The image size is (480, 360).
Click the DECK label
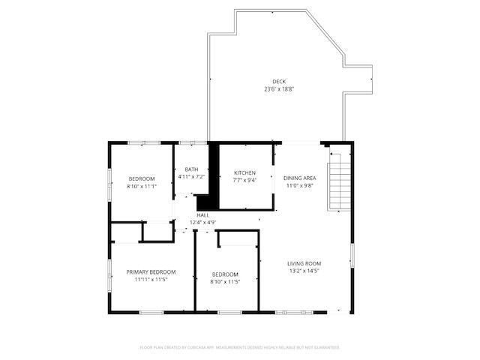click(x=279, y=82)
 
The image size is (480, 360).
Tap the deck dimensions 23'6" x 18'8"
click(x=279, y=89)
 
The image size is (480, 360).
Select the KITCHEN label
click(x=244, y=172)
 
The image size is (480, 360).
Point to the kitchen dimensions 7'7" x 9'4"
click(x=244, y=181)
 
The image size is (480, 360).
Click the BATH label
click(x=191, y=169)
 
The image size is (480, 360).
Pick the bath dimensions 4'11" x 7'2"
click(x=191, y=177)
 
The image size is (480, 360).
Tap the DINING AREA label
click(x=300, y=178)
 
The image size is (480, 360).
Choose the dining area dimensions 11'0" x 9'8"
click(x=300, y=186)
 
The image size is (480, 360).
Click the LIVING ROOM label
click(x=304, y=263)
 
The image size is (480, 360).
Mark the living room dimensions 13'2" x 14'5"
click(x=304, y=271)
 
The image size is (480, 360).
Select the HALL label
click(x=202, y=215)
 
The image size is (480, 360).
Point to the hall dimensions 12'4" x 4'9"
click(x=202, y=223)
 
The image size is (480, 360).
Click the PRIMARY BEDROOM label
click(x=151, y=271)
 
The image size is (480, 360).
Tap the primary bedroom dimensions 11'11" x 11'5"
click(x=151, y=280)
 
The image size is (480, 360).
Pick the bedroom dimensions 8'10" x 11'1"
click(x=141, y=186)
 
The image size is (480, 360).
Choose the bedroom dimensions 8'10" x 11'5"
click(x=225, y=282)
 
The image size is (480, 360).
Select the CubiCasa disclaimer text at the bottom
click(x=240, y=347)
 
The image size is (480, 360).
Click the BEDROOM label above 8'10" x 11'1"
click(x=141, y=178)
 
